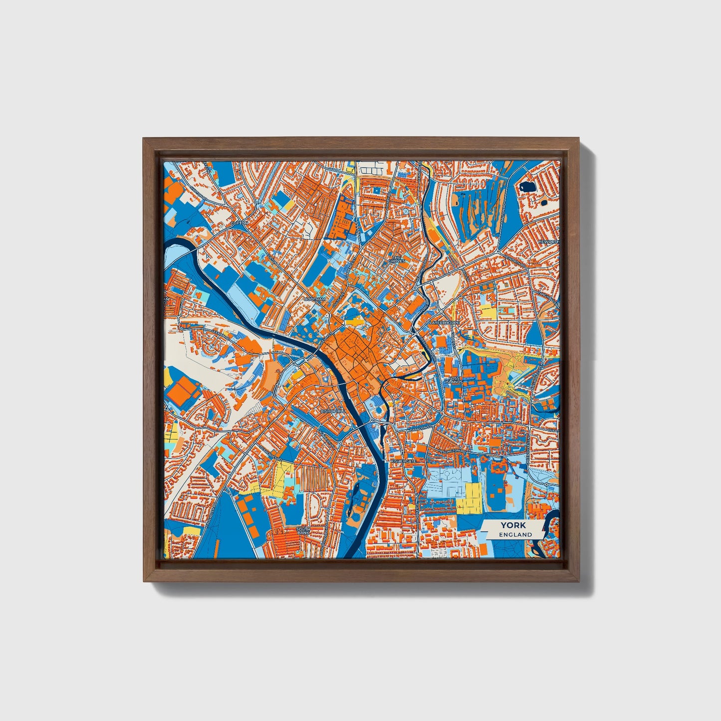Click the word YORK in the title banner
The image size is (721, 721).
(509, 525)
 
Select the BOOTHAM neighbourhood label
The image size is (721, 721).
(315, 299)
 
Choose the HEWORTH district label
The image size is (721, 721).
(547, 242)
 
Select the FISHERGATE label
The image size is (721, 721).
(403, 462)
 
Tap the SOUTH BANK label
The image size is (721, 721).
(303, 531)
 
